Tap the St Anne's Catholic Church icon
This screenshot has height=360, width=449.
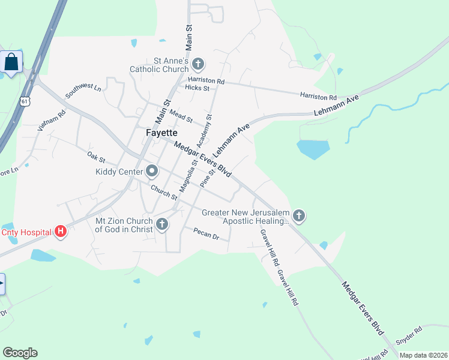[198, 64]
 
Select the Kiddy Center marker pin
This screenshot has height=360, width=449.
[152, 172]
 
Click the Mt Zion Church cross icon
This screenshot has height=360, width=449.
[161, 225]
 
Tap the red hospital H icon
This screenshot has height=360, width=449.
[60, 231]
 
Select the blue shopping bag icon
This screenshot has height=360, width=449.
[11, 61]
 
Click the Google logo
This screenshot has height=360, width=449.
[20, 353]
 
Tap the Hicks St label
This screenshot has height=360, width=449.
[197, 88]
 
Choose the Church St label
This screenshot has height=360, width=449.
[164, 193]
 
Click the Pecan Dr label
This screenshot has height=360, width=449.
[206, 233]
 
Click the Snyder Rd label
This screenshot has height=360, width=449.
[411, 331]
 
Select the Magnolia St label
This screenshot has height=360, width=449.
[188, 175]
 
